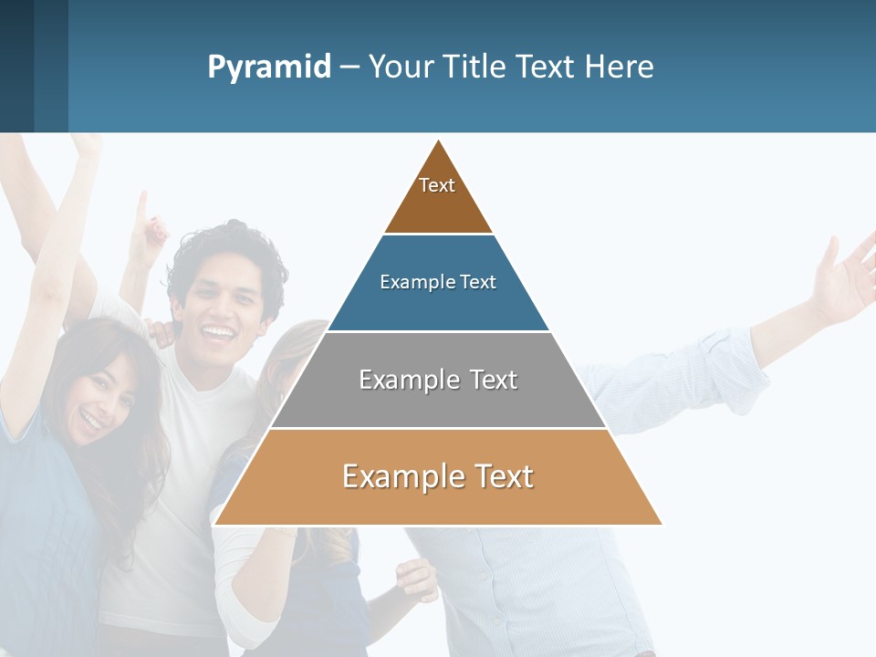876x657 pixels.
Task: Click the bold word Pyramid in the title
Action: (269, 68)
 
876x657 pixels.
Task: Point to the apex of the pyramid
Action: (439, 141)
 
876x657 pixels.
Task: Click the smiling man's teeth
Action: (218, 332)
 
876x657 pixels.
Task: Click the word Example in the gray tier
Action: (399, 380)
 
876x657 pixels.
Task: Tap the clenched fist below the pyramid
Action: (415, 579)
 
